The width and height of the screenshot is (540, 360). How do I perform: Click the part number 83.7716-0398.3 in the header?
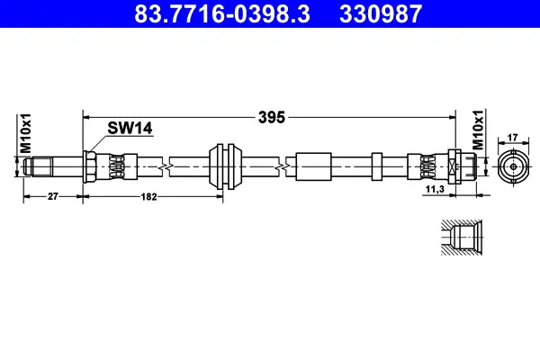point(222,13)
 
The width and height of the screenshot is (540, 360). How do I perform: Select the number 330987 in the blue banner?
point(381,13)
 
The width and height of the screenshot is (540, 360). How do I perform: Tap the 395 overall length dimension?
point(272,118)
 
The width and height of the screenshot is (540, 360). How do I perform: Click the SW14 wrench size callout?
point(130,128)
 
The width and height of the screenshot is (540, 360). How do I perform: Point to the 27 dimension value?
point(53,196)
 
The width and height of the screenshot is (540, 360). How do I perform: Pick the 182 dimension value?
point(148,197)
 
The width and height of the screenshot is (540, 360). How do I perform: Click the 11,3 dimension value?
point(435,189)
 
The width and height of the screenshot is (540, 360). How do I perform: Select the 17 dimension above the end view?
point(512,138)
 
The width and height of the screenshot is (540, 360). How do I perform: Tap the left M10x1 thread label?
point(26,133)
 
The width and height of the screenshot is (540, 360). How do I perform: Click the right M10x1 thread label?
point(478,130)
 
